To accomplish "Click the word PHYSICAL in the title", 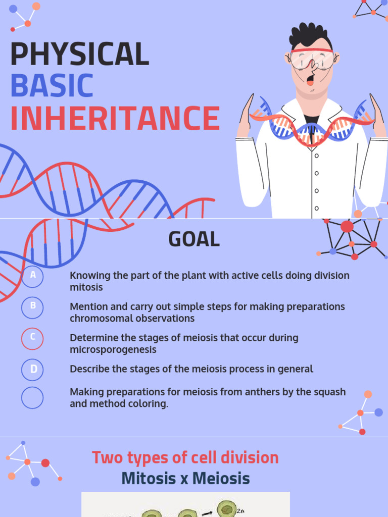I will coord(79,54).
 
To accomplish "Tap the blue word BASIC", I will coord(52,86).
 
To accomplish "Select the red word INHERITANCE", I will coord(115,119).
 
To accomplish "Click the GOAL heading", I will coord(194,239).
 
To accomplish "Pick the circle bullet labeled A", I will coord(33,276).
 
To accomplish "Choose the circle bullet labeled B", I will coord(33,307).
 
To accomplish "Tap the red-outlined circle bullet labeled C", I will coord(33,338).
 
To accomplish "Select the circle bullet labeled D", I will coord(33,370).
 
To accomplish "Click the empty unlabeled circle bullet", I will coord(33,398).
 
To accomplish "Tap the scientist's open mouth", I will coord(310,80).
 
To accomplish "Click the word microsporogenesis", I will coord(113,349).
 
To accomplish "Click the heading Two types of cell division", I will coord(185,457).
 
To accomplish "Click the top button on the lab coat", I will coord(317,156).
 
